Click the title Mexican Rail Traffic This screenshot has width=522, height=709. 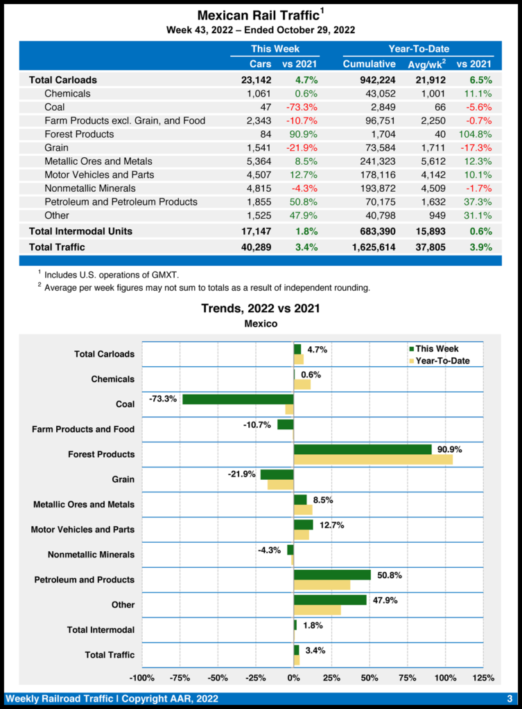tap(257, 15)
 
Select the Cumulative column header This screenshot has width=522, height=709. tap(369, 64)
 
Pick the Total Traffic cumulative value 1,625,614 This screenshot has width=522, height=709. tap(369, 246)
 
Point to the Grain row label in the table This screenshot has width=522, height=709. tap(57, 147)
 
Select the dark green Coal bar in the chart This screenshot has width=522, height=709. tap(238, 400)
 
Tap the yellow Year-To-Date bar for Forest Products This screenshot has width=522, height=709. tap(373, 460)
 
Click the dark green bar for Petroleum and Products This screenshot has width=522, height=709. tap(332, 575)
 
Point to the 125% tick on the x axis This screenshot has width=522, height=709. tap(483, 677)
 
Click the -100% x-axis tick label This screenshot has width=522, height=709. tap(142, 677)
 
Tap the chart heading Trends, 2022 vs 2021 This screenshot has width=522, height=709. tap(260, 308)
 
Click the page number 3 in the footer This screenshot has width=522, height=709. tap(510, 697)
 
